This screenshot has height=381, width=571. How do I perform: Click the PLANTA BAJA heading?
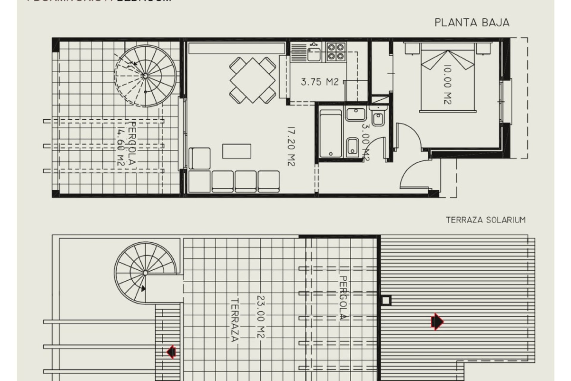[x=472, y=23]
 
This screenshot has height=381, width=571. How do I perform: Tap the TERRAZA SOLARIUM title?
[x=486, y=220]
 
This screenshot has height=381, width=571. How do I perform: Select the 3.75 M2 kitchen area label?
[x=320, y=82]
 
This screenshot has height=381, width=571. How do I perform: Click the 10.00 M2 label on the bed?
[x=447, y=85]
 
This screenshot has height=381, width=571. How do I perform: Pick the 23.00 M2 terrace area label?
[x=261, y=317]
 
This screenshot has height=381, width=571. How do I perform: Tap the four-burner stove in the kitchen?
[x=336, y=52]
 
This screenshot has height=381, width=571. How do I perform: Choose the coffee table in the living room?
[x=237, y=151]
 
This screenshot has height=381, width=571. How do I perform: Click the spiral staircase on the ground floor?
[x=145, y=76]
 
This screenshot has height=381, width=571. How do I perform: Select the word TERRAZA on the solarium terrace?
[x=235, y=320]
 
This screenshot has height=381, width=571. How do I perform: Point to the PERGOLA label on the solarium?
[x=343, y=298]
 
